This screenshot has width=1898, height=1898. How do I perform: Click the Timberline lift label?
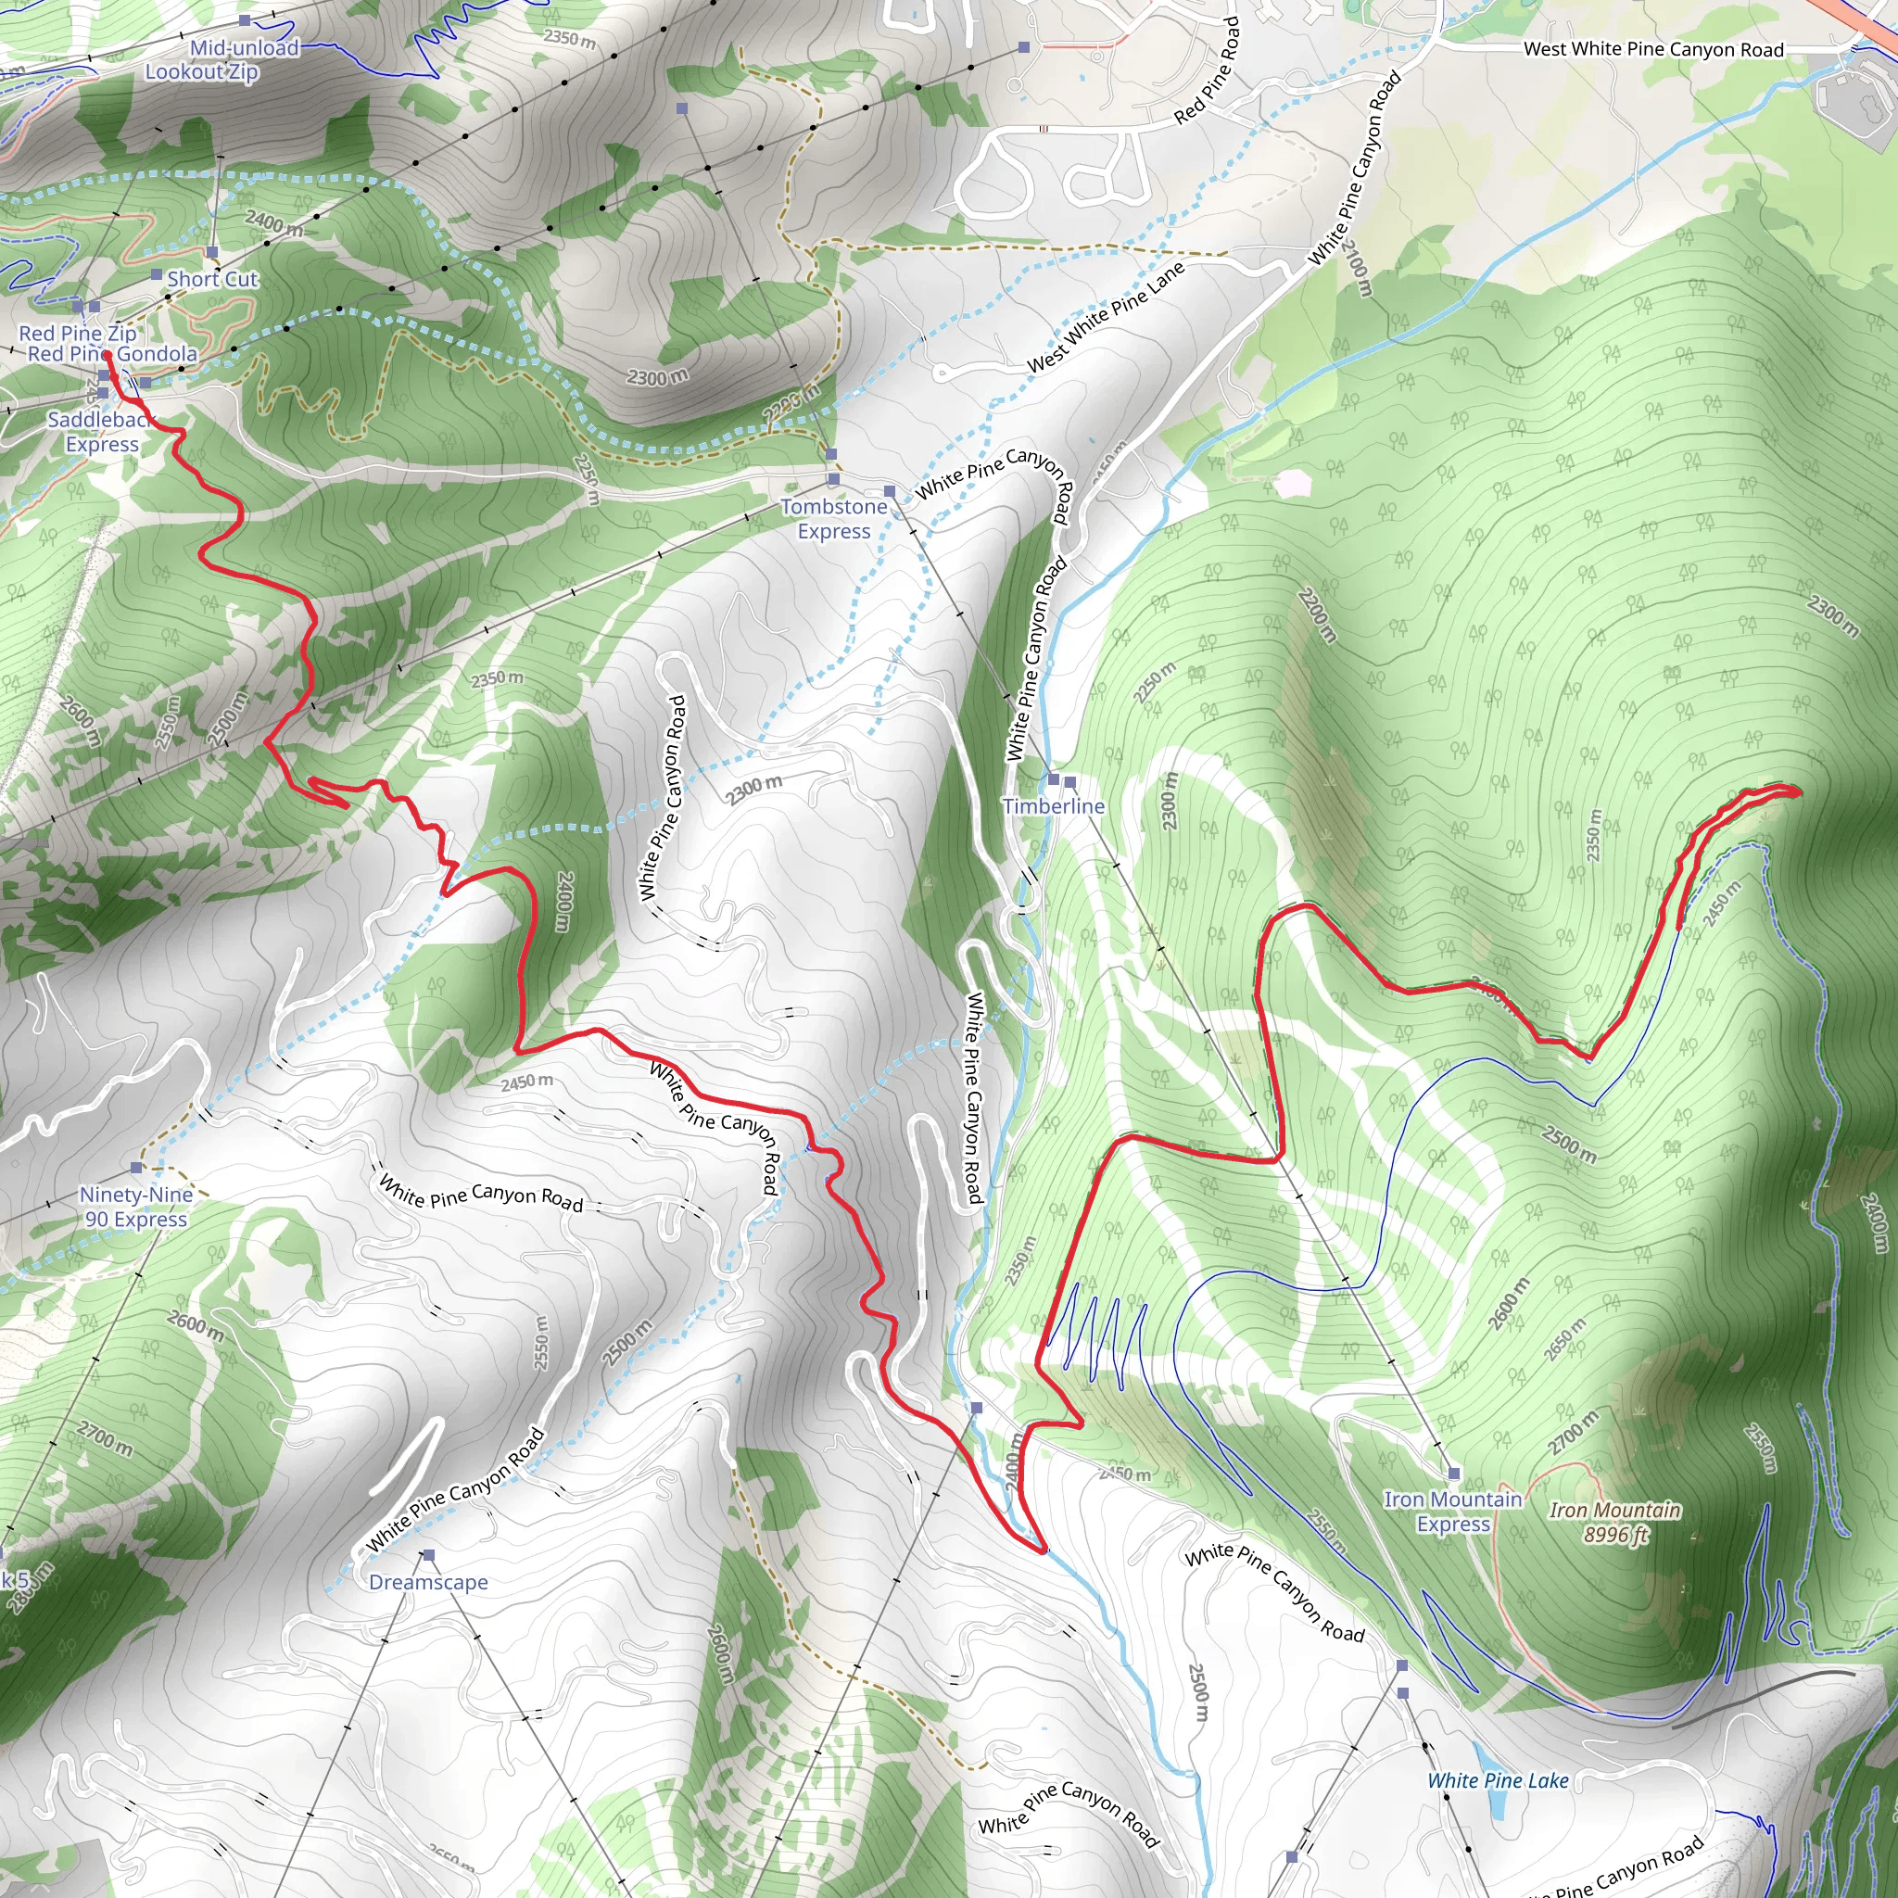[x=1053, y=806]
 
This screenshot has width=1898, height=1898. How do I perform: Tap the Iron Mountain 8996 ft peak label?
[x=1615, y=1522]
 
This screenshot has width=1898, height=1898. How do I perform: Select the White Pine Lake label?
[x=1498, y=1781]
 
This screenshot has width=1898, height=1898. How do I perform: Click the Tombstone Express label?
[x=833, y=519]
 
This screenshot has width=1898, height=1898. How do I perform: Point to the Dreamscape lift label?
[x=428, y=1583]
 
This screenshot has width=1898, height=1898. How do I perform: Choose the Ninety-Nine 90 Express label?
[x=135, y=1207]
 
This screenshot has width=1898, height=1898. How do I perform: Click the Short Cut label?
[x=211, y=279]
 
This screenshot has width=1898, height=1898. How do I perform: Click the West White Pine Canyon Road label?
[x=1653, y=49]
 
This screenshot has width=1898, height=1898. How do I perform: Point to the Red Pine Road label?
[x=1208, y=71]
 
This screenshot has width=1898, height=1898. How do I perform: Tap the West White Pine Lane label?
[x=1107, y=316]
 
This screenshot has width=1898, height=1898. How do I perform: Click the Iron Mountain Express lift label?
[x=1453, y=1512]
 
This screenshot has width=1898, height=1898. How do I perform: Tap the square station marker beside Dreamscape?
[x=428, y=1555]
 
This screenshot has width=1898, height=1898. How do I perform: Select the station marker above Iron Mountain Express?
[x=1454, y=1474]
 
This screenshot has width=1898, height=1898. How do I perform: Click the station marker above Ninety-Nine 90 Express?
[x=136, y=1168]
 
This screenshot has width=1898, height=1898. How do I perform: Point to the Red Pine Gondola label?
[x=112, y=354]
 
